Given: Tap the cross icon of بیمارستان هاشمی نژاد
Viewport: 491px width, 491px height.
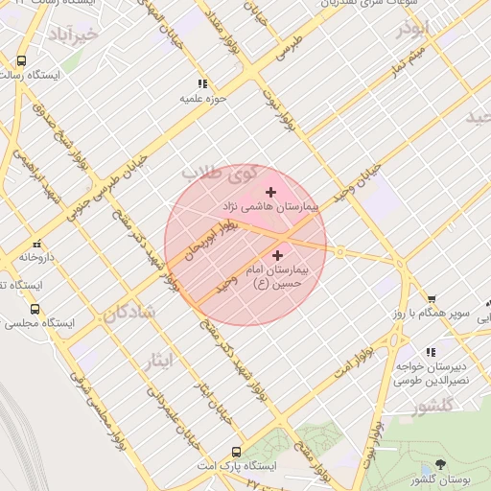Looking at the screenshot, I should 269,193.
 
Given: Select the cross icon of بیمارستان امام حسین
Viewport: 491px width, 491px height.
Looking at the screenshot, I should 278,255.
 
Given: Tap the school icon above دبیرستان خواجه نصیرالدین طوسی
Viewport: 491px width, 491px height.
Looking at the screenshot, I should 432,353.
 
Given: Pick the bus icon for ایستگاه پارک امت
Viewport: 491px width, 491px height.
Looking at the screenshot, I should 236,452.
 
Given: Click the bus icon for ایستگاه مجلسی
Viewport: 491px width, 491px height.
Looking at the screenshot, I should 35,310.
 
